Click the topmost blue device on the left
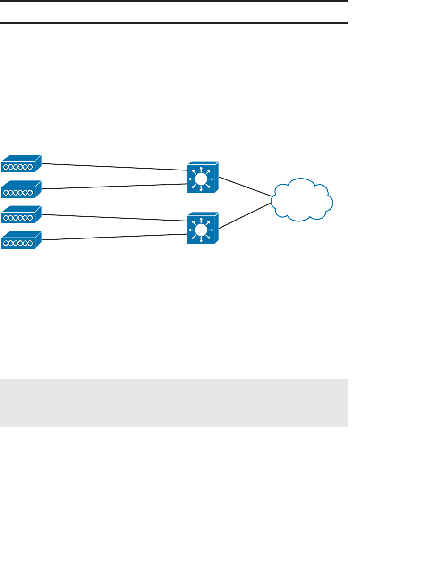(21, 165)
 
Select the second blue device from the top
(21, 190)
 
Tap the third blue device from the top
(21, 216)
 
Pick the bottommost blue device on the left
(21, 241)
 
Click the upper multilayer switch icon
(202, 178)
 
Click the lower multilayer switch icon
(202, 229)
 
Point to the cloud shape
(302, 200)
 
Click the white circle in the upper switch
(202, 179)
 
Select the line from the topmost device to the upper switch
(113, 166)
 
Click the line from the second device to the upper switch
(113, 187)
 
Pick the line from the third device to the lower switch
(113, 217)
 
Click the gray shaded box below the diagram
(174, 403)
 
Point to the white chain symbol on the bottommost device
(18, 243)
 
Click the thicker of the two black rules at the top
(174, 22)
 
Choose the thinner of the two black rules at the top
(174, 1)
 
